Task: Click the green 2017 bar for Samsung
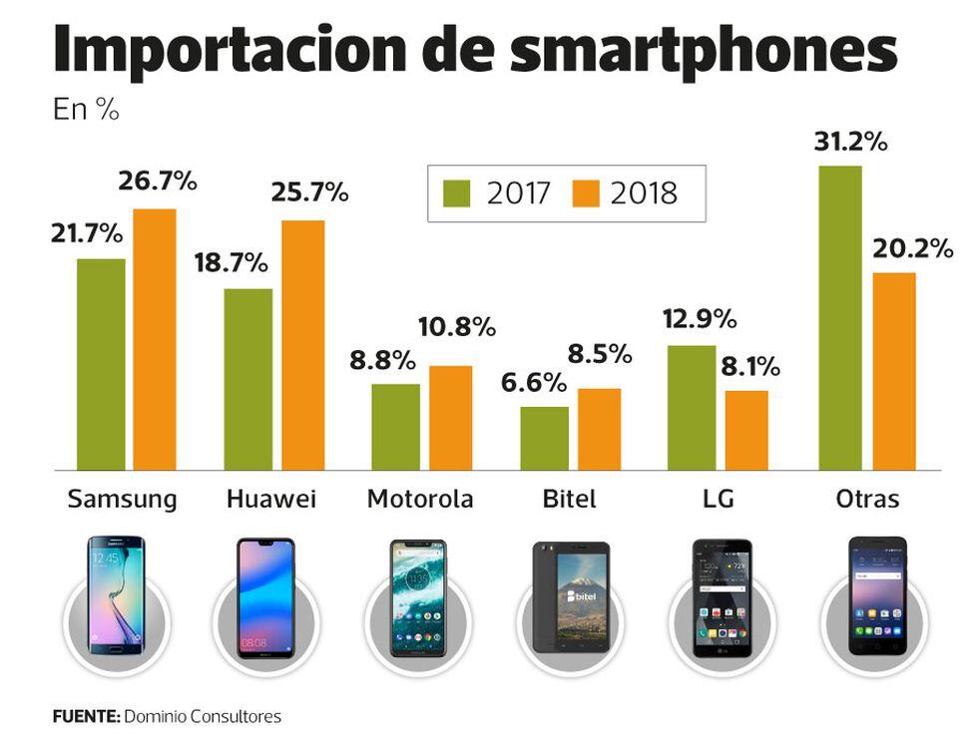(101, 364)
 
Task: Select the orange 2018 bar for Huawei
(302, 344)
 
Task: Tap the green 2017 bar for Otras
(840, 317)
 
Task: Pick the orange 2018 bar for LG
(746, 429)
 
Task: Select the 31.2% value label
(850, 142)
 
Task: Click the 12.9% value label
(700, 320)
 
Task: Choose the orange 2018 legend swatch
(588, 192)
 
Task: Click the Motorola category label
(420, 499)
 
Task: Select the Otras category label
(865, 499)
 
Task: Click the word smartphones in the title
(703, 52)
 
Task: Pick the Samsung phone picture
(116, 595)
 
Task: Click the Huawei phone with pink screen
(265, 598)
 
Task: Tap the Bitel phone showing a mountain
(570, 597)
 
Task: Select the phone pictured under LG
(722, 598)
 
